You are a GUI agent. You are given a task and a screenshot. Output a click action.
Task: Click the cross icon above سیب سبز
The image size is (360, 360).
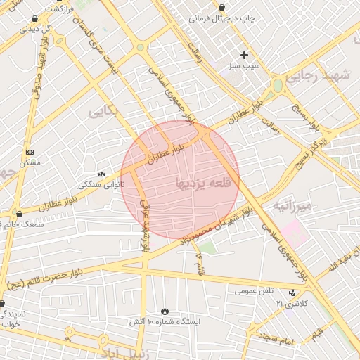pos(245,55)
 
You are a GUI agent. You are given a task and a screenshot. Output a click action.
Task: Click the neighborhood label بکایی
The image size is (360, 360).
pos(105,111)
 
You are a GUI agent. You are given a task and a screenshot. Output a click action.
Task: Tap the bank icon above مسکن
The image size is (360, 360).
pos(29,152)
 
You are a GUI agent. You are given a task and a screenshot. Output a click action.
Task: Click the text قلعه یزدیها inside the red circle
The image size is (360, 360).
pos(200,184)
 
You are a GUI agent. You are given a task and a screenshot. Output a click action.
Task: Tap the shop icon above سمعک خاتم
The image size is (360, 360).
pos(19,213)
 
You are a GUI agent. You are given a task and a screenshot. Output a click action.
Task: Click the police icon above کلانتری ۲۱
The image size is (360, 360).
pos(292,292)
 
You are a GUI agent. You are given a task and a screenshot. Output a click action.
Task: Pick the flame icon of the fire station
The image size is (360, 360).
pos(165,310)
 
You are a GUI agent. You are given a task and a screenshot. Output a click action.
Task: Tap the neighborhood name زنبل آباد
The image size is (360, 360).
pos(120,351)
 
